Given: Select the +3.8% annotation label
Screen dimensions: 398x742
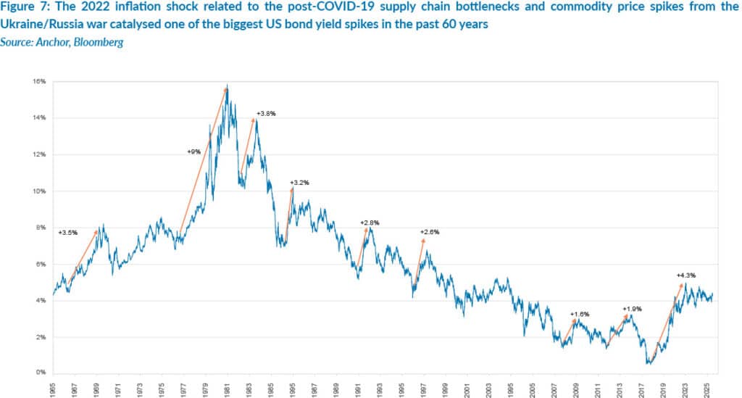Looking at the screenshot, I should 267,114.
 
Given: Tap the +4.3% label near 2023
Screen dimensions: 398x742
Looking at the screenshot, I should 685,275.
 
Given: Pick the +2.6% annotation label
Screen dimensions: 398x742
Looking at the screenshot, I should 430,232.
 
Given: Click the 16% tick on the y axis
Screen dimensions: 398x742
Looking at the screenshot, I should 40,82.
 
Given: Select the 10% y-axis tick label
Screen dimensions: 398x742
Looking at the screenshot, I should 40,191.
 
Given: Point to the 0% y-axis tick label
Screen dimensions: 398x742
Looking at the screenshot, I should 41,373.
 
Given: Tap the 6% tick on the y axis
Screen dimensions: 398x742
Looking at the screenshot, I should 41,265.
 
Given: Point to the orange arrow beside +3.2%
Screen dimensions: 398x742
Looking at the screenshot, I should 288,213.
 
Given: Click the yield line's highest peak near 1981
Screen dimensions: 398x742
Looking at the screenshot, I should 228,86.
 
